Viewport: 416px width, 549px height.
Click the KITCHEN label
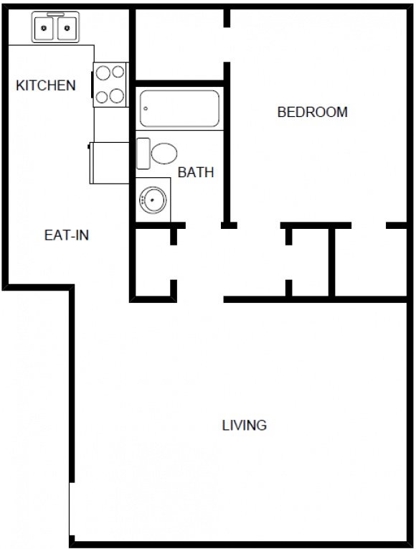coord(46,85)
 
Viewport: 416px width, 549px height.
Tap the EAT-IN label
coord(67,235)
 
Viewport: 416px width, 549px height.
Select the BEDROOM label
coord(313,112)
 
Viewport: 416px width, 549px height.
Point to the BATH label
coord(196,172)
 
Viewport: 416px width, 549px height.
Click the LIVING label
coord(244,425)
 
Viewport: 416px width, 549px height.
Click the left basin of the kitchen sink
coord(44,28)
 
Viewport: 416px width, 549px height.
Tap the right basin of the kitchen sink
coord(67,28)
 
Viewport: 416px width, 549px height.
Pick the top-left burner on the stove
coord(103,72)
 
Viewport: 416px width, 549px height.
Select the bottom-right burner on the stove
coord(117,95)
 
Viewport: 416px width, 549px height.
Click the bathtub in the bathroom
coord(179,108)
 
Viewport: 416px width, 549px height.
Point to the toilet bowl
coord(164,154)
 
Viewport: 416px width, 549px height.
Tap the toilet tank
coord(143,154)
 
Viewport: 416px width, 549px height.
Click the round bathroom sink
coord(153,200)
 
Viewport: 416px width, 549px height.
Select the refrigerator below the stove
coord(110,163)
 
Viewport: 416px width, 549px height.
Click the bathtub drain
coord(146,108)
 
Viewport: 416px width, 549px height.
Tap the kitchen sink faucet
coord(56,14)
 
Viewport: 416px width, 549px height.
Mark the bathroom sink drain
coord(152,200)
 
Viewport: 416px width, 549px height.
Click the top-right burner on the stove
coord(118,72)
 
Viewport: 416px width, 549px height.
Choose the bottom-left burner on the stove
coord(102,97)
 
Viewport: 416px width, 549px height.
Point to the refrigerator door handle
coord(88,146)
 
